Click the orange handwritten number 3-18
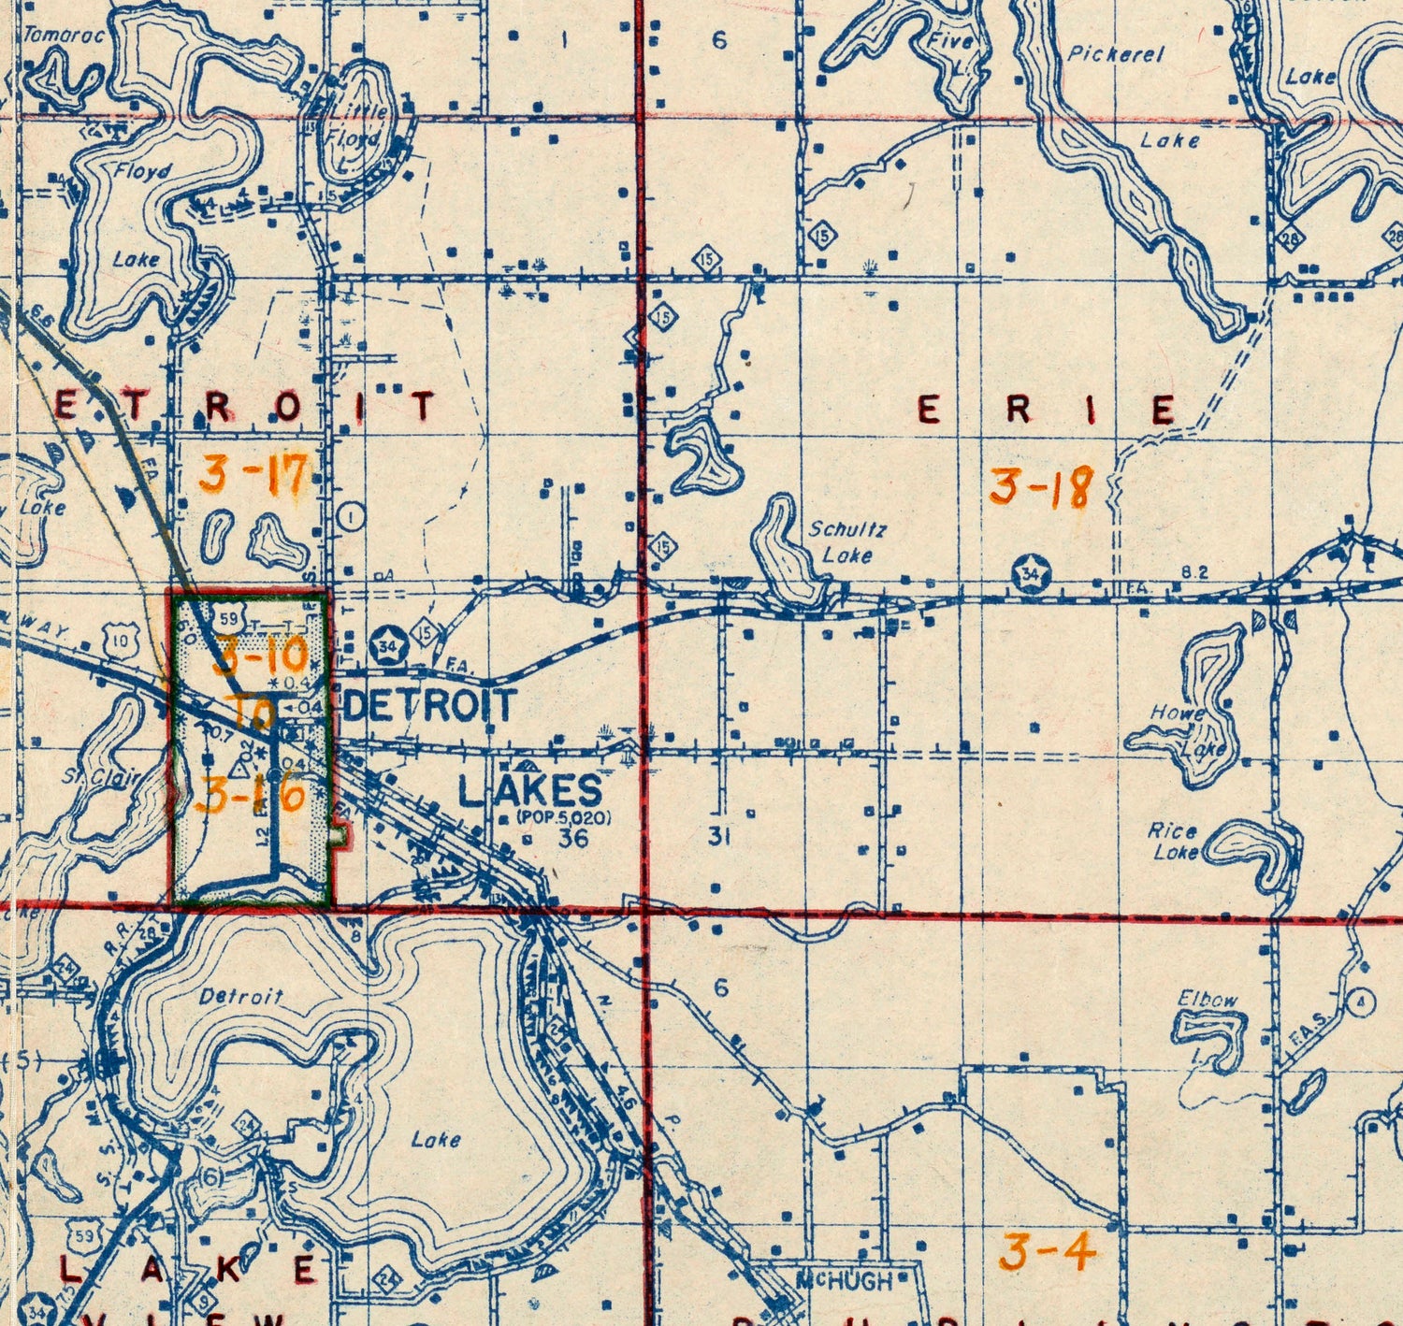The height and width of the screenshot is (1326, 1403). point(1041,487)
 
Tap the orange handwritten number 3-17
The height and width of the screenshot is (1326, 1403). point(253,474)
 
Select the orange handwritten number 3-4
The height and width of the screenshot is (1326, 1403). point(1047,1251)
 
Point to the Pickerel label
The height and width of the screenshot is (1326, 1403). point(1116,54)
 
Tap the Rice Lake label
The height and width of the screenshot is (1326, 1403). point(1175,841)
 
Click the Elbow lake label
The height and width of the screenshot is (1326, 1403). point(1208,1000)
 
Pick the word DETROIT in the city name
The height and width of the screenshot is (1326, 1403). point(430,705)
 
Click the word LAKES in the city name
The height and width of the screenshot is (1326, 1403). point(529,792)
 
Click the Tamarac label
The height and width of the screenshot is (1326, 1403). point(64,36)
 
